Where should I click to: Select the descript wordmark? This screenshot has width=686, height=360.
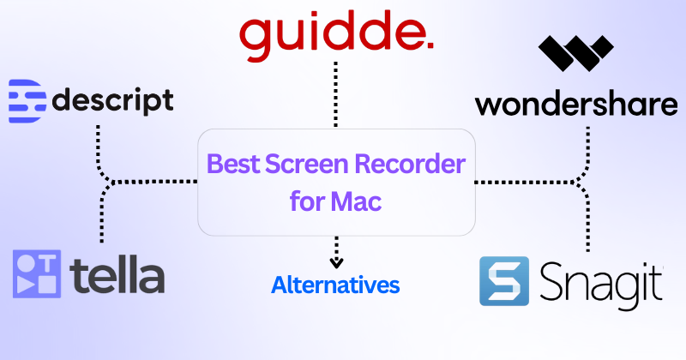point(112,101)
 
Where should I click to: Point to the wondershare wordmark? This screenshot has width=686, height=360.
point(576,105)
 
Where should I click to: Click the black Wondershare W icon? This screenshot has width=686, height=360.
point(575,57)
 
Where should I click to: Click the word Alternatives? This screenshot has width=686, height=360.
point(335,285)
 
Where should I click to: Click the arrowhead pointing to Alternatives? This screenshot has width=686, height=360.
point(336,261)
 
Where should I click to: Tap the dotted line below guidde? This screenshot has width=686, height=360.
point(336,94)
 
